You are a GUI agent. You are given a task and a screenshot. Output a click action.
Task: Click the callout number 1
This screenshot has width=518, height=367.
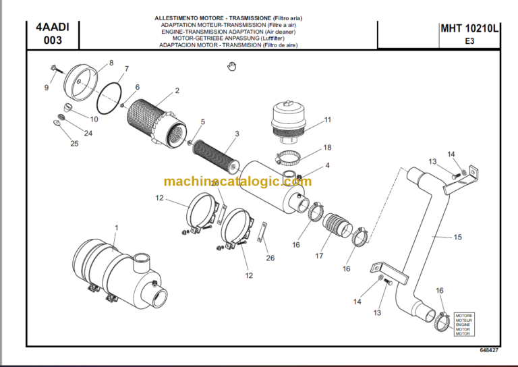pyautogui.click(x=115, y=228)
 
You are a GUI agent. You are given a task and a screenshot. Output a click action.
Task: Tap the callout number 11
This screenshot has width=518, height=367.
pyautogui.click(x=328, y=120)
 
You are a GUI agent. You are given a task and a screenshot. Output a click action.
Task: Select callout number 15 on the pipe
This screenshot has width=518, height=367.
pyautogui.click(x=457, y=237)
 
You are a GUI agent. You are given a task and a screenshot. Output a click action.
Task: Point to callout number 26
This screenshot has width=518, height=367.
pyautogui.click(x=270, y=257)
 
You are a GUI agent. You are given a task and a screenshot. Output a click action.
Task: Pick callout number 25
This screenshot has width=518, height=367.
pyautogui.click(x=74, y=143)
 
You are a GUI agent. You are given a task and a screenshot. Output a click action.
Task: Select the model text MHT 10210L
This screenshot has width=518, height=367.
pyautogui.click(x=469, y=28)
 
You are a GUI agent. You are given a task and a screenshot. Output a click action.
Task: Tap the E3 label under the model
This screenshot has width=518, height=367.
pyautogui.click(x=469, y=40)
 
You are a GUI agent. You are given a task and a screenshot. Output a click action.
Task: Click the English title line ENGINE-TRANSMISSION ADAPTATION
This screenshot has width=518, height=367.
pyautogui.click(x=229, y=32)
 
